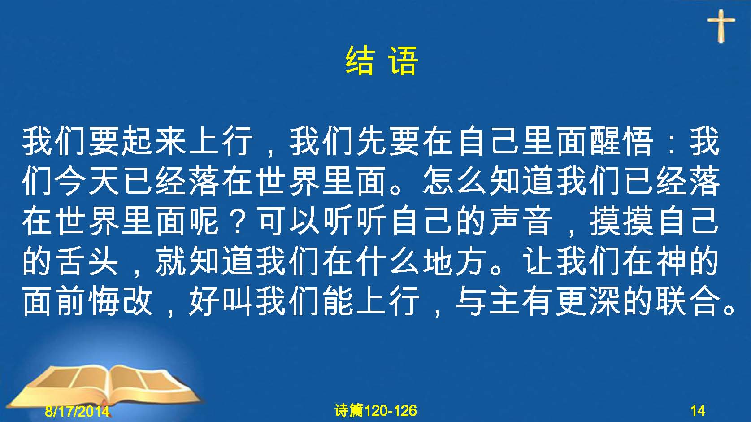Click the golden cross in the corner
721,26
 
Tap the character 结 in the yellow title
360,61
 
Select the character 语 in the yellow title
404,61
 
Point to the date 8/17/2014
77,411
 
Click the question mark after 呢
238,222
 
